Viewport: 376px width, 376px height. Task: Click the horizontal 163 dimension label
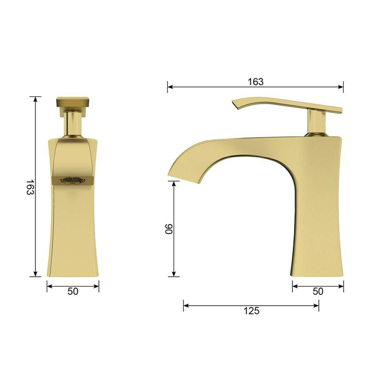[256, 82]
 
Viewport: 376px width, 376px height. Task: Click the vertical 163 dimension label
[30, 187]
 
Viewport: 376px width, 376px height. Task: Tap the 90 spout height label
[169, 229]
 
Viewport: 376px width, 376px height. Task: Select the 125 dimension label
[251, 311]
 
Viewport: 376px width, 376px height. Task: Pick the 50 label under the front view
[73, 292]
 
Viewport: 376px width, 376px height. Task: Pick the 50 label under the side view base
[318, 291]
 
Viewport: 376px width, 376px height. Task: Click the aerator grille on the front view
[73, 180]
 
